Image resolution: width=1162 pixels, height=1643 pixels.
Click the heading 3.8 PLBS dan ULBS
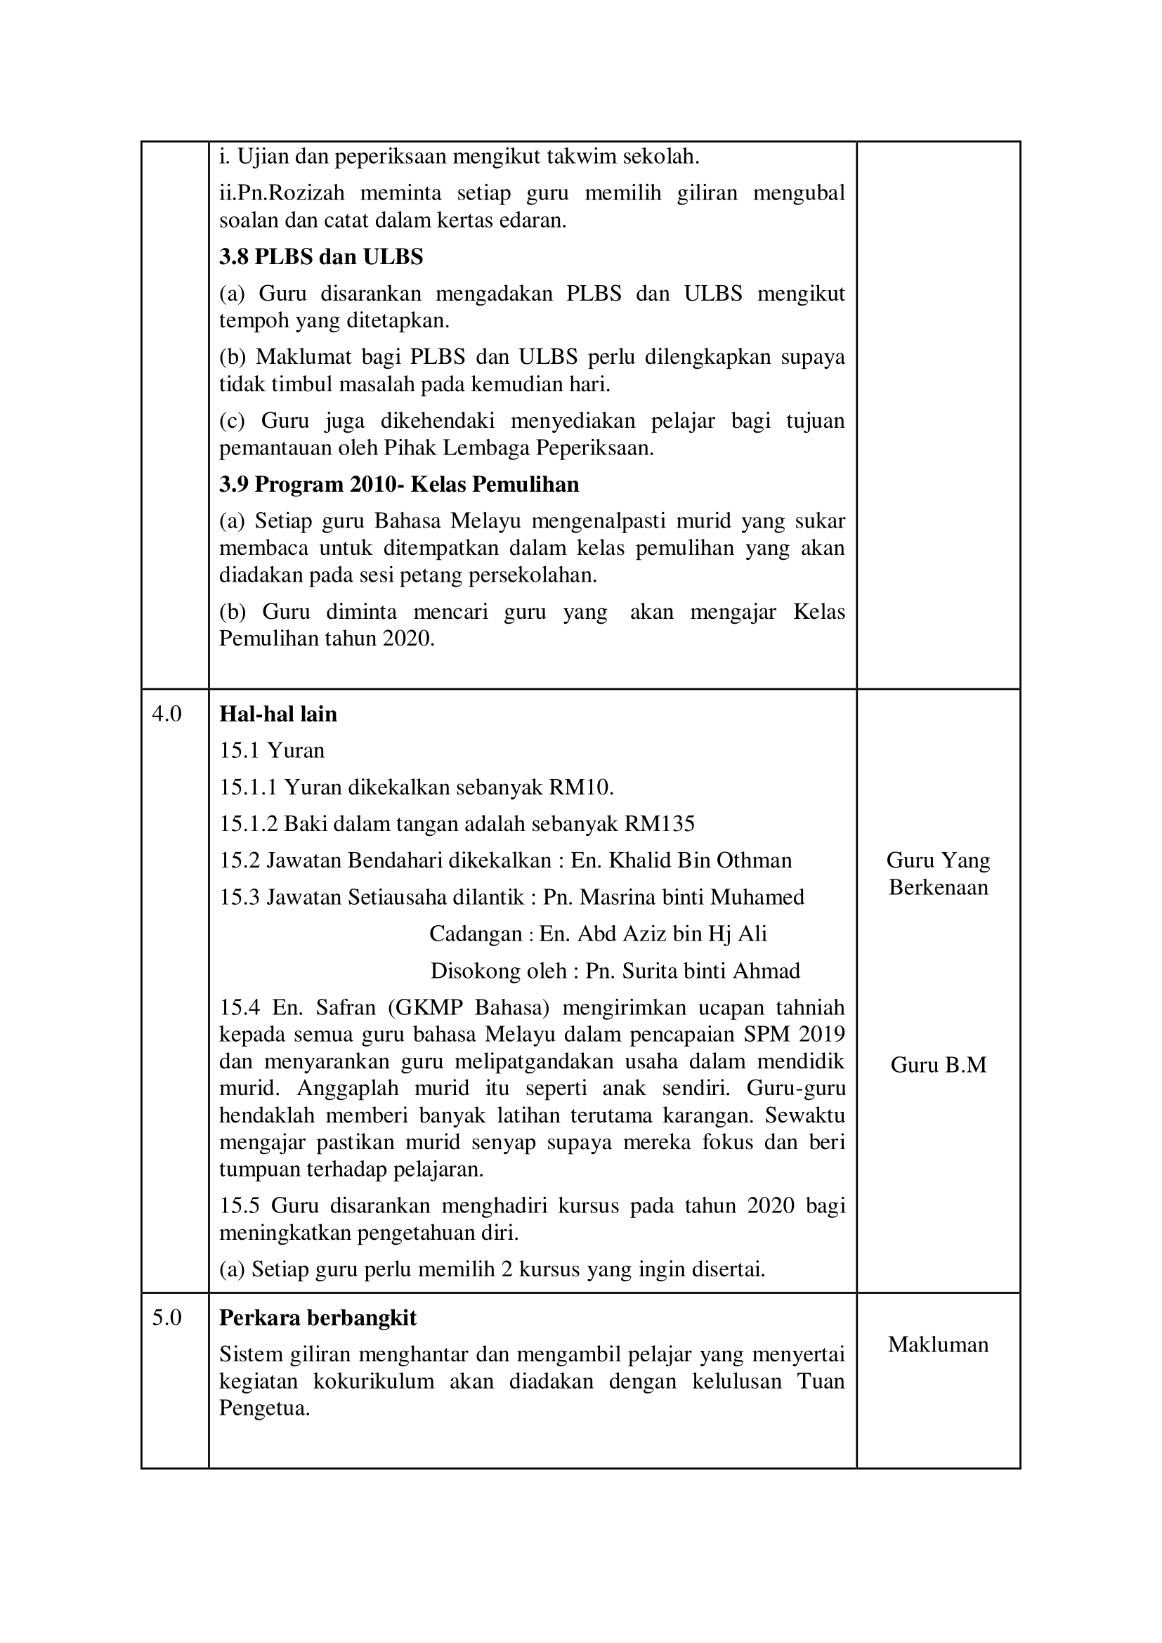point(320,257)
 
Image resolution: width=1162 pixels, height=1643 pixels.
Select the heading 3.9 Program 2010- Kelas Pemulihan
point(398,485)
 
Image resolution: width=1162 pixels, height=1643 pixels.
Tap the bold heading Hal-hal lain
point(278,714)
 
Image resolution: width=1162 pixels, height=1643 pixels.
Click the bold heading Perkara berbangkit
point(318,1317)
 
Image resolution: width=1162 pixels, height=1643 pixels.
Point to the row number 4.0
point(167,714)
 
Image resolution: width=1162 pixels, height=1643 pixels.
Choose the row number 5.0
point(167,1317)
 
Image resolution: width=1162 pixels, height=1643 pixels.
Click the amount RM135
point(659,825)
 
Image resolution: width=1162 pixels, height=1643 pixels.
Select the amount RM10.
point(580,788)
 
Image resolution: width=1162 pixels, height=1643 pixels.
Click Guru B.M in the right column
point(938,1065)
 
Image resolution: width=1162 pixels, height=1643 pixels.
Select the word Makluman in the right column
point(938,1344)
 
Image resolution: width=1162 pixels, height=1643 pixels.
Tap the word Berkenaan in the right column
point(938,887)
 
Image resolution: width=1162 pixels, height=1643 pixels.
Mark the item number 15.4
point(237,1007)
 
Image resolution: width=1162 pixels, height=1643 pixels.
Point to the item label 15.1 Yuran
point(272,751)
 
